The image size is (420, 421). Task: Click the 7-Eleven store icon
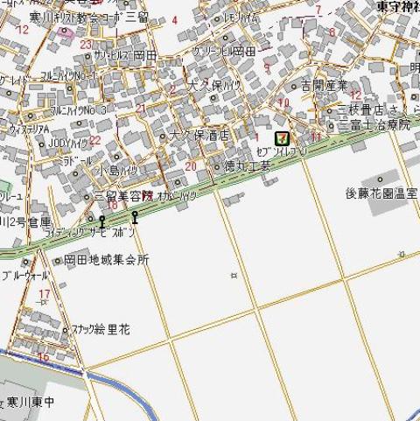282,137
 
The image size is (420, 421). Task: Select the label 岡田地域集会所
106,260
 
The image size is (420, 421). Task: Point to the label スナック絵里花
101,329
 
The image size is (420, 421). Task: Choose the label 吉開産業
325,85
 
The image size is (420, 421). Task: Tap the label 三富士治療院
373,125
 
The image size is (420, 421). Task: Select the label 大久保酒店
199,136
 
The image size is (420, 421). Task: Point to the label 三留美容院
123,196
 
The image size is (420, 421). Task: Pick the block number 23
86,44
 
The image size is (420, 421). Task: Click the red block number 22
94,139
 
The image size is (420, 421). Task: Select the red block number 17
43,293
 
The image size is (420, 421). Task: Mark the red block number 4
173,19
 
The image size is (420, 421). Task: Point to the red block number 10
282,102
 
